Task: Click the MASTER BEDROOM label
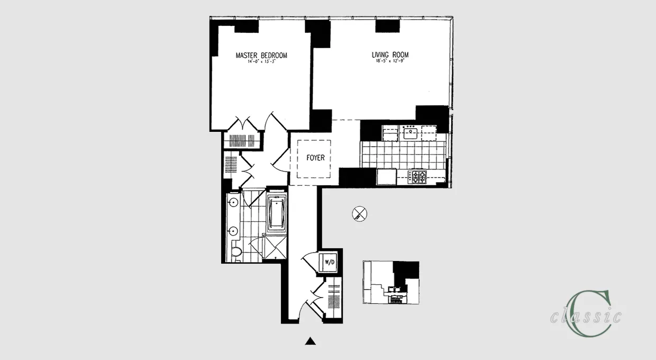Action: click(261, 56)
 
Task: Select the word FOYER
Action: click(315, 158)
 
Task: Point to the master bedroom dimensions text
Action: click(261, 62)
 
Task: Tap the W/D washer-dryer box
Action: click(329, 262)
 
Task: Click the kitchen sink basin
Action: click(410, 133)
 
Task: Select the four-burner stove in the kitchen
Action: click(419, 176)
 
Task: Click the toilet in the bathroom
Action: click(236, 253)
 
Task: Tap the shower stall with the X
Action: click(275, 248)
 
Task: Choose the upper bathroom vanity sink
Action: click(232, 202)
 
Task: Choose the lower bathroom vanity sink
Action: click(232, 230)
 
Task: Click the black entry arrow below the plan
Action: click(311, 341)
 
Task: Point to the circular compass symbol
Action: click(359, 214)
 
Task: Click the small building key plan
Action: click(390, 282)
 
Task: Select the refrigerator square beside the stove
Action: click(387, 176)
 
